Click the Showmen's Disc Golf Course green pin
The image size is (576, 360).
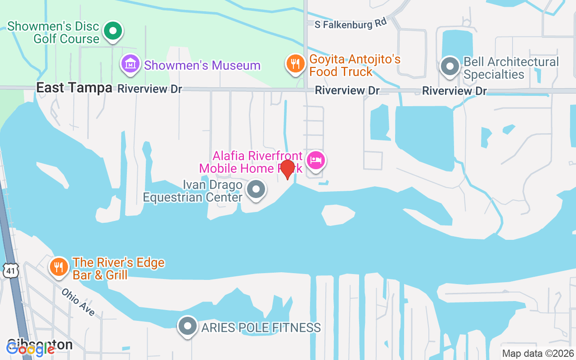tap(113, 31)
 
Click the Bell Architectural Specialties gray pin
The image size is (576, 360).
tap(450, 66)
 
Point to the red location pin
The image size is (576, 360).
tap(287, 169)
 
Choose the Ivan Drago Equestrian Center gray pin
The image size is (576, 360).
tap(256, 189)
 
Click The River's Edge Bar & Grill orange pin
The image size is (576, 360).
tap(58, 267)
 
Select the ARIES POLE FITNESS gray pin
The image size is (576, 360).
tap(188, 326)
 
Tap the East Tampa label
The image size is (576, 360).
tap(74, 88)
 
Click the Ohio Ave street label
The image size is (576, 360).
tap(78, 301)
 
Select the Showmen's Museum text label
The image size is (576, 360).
tap(202, 65)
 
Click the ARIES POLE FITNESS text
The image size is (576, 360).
tap(261, 328)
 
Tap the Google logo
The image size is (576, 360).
tap(30, 349)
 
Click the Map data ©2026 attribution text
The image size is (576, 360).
tap(538, 353)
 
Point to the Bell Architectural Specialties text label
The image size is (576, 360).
tap(511, 68)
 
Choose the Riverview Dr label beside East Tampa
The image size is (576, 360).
tap(150, 89)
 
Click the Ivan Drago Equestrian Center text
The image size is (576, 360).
tap(193, 191)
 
